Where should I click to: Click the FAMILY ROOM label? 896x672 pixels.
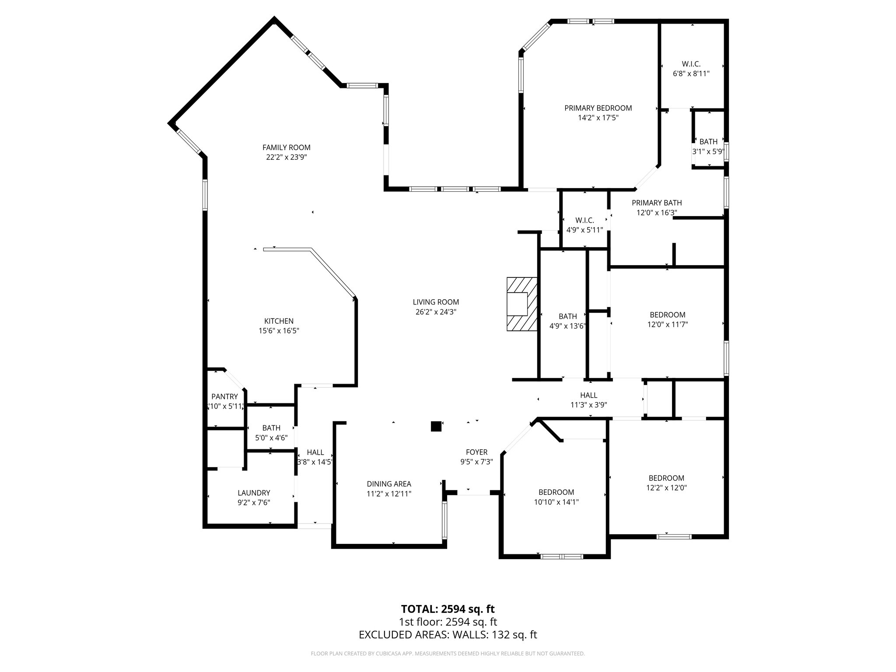point(286,147)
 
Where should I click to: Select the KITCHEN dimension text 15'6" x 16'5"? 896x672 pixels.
point(279,331)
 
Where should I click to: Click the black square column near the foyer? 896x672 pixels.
point(436,427)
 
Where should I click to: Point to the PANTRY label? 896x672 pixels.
point(224,396)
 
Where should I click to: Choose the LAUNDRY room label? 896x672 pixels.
point(254,493)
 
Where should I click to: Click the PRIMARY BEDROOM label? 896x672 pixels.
point(598,108)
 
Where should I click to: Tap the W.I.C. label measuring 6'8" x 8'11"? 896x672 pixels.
point(691,64)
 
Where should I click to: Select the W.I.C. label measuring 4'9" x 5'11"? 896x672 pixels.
point(584,220)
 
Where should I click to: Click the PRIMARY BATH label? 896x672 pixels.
point(656,203)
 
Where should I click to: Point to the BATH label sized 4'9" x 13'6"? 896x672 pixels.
point(567,316)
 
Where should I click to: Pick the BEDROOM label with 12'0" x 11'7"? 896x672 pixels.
point(667,315)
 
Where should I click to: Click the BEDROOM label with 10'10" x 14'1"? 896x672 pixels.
point(556,492)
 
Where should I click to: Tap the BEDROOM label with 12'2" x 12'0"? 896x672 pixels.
point(666,478)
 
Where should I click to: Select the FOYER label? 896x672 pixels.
point(476,452)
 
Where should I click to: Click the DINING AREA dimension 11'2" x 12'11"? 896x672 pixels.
point(388,493)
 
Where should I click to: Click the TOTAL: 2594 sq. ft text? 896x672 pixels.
point(448,609)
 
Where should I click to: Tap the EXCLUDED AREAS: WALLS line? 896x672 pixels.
point(448,635)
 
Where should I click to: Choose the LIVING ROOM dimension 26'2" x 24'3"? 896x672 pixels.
point(436,312)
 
